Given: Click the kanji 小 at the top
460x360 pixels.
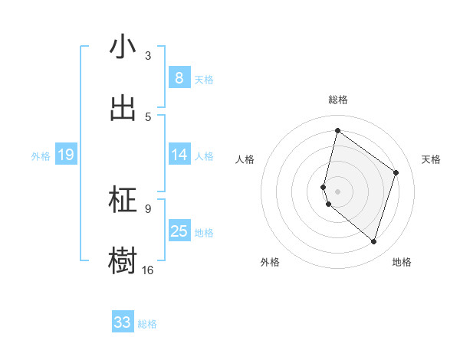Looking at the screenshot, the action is [123, 47].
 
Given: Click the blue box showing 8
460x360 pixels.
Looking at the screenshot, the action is [179, 78].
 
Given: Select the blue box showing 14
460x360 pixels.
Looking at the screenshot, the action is [179, 155].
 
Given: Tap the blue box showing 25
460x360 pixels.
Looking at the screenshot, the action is [179, 231].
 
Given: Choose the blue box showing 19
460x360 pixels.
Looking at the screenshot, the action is [65, 155].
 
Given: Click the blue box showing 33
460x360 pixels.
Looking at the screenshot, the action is [122, 322].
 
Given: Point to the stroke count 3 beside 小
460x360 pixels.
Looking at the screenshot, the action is [148, 56].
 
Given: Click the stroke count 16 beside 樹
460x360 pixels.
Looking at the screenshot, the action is [148, 270].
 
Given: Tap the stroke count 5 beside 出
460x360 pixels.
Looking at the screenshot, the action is [148, 116].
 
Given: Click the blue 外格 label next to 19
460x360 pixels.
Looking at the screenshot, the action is [41, 156].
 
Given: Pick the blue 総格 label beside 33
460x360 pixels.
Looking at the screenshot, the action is [147, 324].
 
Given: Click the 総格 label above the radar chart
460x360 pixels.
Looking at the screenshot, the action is [337, 100].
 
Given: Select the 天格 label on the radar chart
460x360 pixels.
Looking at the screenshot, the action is [431, 159].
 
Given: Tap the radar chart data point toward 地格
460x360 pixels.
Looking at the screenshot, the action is [373, 242].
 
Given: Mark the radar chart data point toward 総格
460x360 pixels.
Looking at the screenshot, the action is [337, 130].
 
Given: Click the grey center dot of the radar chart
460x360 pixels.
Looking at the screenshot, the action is [337, 191].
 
